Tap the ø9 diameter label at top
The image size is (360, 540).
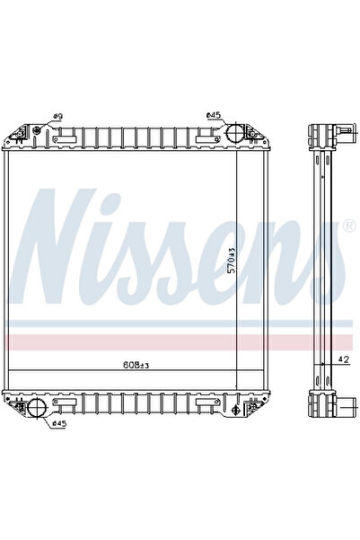click(x=57, y=117)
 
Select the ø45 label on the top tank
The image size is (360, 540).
click(x=213, y=115)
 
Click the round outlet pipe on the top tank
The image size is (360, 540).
click(x=232, y=135)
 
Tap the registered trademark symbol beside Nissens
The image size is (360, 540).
click(x=348, y=223)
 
